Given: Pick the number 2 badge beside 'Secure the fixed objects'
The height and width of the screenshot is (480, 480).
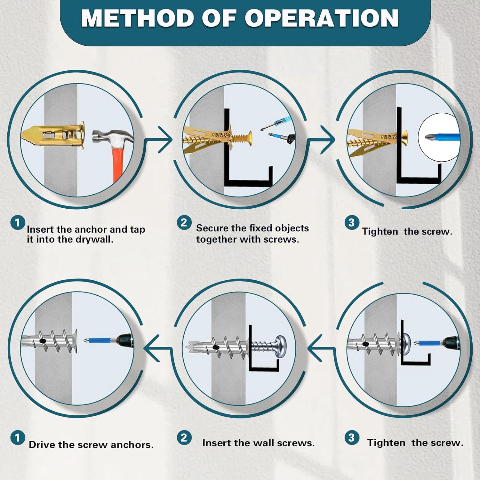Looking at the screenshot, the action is click(x=184, y=222).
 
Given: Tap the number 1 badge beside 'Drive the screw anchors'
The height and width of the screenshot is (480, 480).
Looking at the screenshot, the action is click(x=18, y=438).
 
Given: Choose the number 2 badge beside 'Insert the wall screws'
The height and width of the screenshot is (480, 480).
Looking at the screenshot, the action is click(x=184, y=438).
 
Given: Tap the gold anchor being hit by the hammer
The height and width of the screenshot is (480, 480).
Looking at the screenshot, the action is click(x=53, y=135).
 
